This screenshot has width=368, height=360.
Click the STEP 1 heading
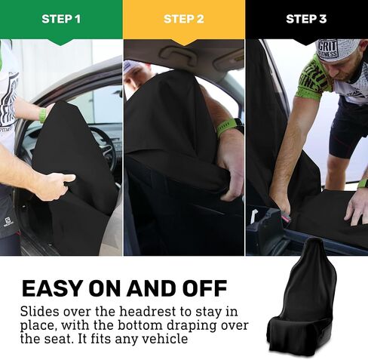pos(61,19)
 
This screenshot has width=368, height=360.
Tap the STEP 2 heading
pos(184,19)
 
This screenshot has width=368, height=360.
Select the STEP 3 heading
pos(306,19)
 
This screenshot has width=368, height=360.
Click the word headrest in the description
pos(148,312)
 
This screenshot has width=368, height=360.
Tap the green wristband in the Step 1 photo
pos(43,115)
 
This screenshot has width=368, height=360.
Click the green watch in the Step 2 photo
pos(228,127)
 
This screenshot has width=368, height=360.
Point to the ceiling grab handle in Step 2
pos(182,51)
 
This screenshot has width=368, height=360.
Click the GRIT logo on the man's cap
pos(327,49)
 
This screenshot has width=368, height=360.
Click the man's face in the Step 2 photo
pos(134,77)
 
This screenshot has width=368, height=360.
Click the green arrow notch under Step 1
pos(61,42)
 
